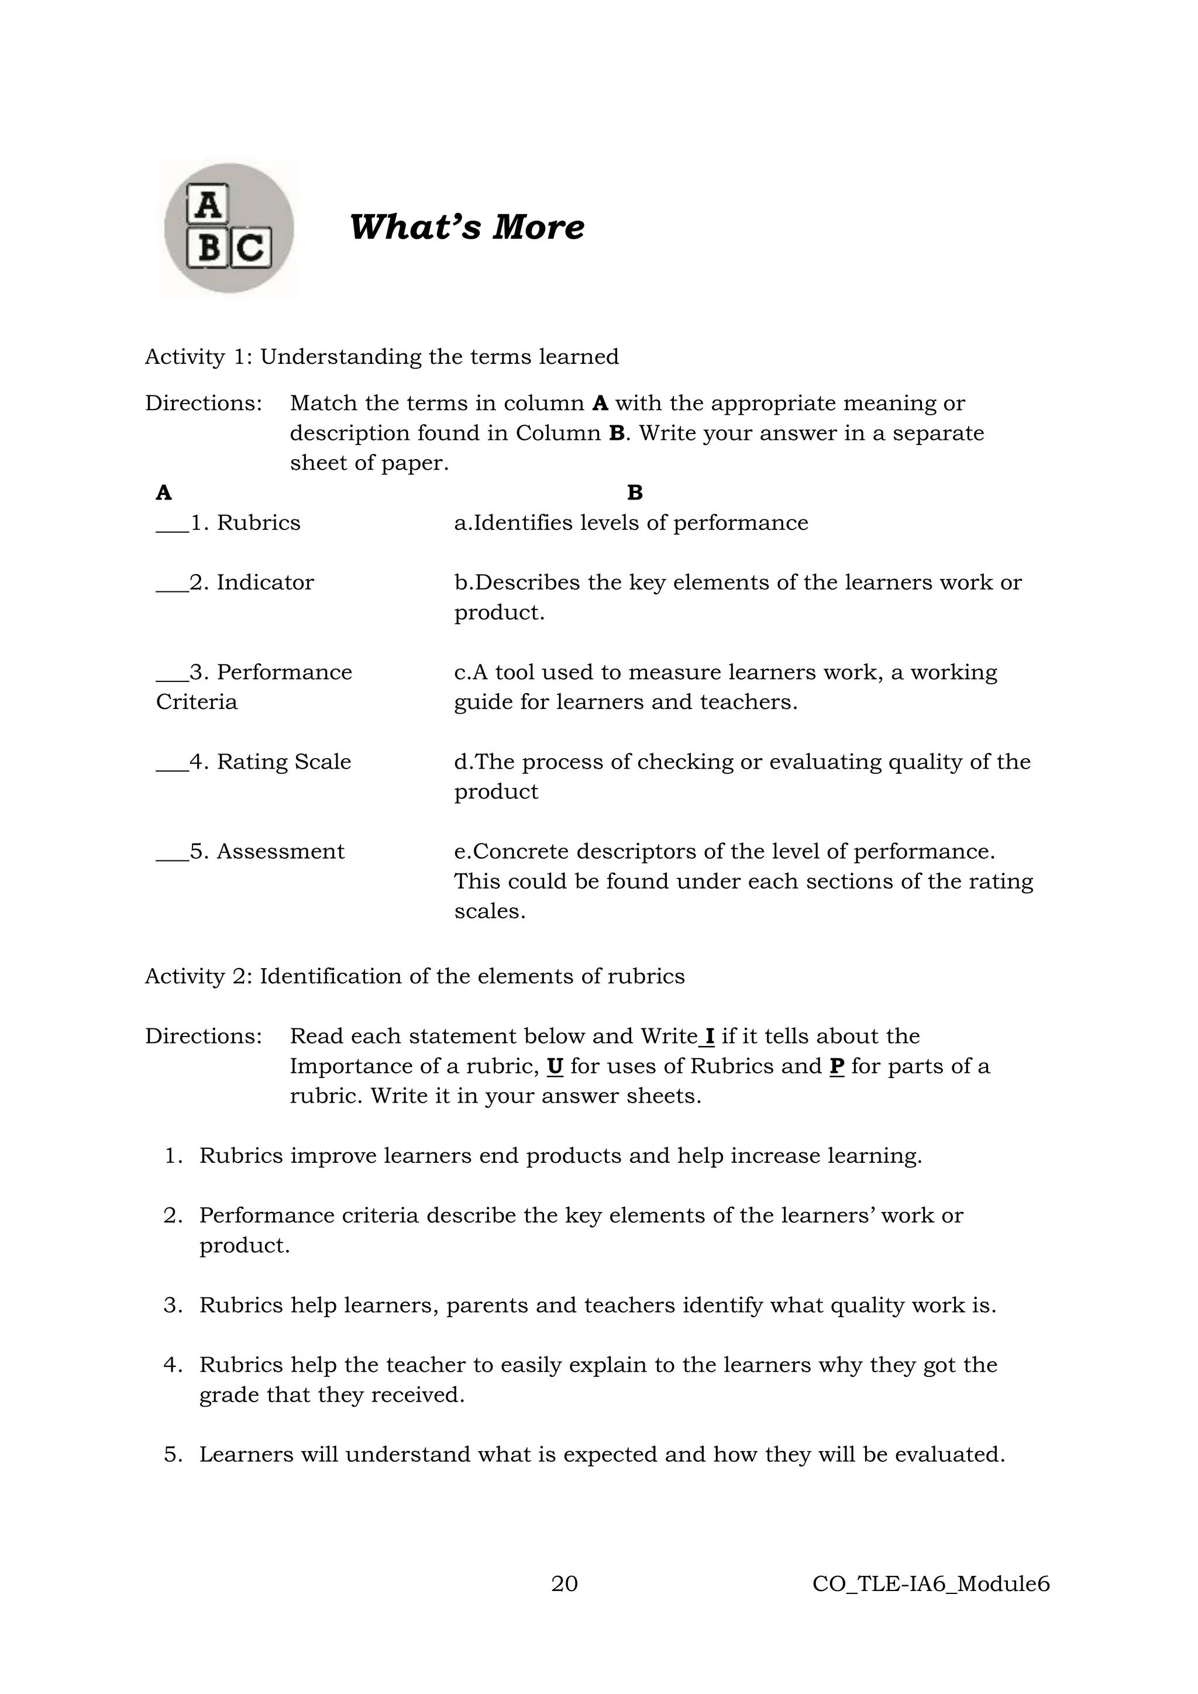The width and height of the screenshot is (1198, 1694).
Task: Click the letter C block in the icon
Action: coord(252,248)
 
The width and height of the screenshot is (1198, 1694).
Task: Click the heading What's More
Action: coord(466,226)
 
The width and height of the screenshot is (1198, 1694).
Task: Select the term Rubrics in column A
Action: coord(258,523)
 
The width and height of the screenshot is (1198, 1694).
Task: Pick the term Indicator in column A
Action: coord(265,583)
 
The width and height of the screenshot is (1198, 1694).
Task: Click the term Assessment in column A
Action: coord(280,852)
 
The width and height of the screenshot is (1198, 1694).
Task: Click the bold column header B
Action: coord(635,493)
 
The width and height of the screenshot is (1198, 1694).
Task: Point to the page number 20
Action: coord(564,1584)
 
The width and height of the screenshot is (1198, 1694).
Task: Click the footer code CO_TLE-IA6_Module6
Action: coord(930,1584)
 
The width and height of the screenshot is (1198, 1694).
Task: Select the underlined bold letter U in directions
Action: coord(555,1066)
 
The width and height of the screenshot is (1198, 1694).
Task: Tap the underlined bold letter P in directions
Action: coord(836,1066)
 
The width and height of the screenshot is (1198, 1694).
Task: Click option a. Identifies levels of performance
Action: coord(631,523)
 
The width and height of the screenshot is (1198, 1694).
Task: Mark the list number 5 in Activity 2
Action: coord(173,1454)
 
